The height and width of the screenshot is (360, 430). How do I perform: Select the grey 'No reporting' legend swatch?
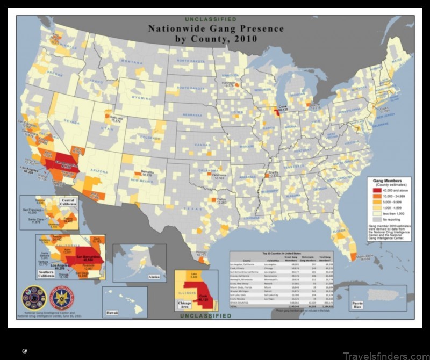coord(376,219)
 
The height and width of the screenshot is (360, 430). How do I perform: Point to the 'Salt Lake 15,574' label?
coord(115,120)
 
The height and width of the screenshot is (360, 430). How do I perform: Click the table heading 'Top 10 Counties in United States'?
coord(281,253)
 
